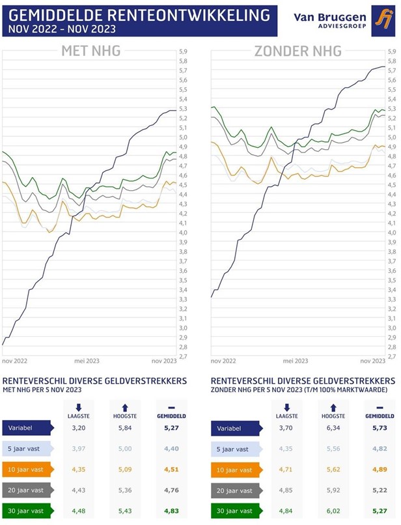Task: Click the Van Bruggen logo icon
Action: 381,19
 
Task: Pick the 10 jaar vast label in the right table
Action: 233,470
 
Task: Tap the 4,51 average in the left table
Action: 170,470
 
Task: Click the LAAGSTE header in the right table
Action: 286,415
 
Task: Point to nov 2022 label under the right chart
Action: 224,361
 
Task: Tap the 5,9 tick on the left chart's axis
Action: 183,51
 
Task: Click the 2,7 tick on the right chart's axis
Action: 391,356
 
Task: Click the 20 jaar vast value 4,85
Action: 286,490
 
